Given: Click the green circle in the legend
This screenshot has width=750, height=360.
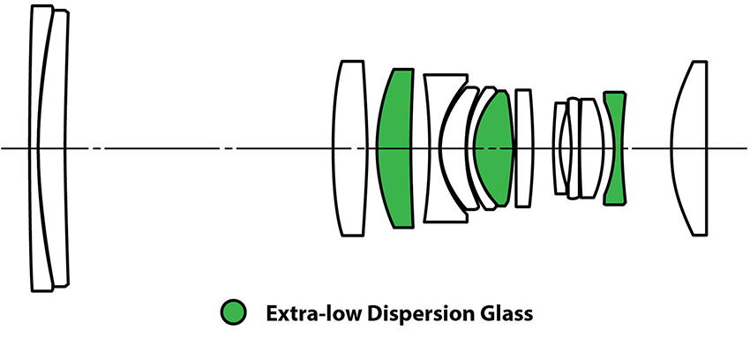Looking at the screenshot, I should [233, 312].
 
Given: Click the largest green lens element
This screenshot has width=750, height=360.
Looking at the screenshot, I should [397, 148].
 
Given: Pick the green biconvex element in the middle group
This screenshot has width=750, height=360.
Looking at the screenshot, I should [495, 148].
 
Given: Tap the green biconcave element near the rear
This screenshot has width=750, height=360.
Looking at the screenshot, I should [614, 148].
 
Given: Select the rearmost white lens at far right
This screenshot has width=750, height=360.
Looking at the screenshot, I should [693, 148].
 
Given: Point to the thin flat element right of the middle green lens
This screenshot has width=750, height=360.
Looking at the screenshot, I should [523, 148].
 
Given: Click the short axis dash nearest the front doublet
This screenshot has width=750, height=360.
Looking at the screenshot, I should [96, 148].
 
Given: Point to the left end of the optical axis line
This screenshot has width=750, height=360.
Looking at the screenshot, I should [3, 148].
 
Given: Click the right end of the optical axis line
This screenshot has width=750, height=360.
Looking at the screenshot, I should [746, 148].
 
